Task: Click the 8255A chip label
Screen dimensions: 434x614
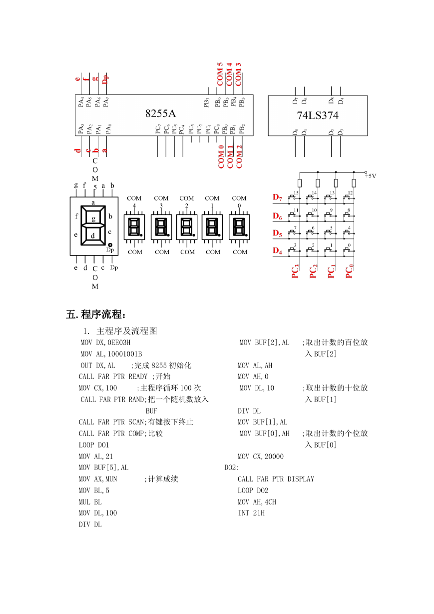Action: click(x=160, y=113)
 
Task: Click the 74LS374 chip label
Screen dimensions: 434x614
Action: click(x=318, y=115)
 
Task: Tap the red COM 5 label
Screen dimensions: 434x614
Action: click(x=220, y=74)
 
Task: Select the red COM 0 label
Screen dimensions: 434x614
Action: click(x=221, y=156)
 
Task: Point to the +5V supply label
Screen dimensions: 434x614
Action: click(x=371, y=175)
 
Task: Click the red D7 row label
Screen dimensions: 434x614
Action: click(x=277, y=197)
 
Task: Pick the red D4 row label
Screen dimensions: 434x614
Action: click(x=277, y=250)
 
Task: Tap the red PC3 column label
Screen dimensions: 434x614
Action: click(x=295, y=271)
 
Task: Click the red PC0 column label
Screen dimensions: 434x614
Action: click(x=349, y=271)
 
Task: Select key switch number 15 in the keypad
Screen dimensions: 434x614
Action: click(x=294, y=197)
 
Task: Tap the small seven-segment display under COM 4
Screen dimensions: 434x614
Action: click(x=134, y=227)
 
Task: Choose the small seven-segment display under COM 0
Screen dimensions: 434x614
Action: click(x=239, y=227)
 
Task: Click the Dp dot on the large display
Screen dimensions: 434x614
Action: click(x=110, y=245)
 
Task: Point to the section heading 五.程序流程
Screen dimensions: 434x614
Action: click(x=96, y=314)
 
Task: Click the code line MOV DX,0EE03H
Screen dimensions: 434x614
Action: click(x=105, y=342)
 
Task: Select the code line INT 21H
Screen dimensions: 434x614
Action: click(x=251, y=513)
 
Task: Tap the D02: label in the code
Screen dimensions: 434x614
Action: click(x=232, y=467)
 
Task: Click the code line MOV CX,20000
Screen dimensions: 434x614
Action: click(x=261, y=456)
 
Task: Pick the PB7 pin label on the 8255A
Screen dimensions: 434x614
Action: click(x=206, y=102)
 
